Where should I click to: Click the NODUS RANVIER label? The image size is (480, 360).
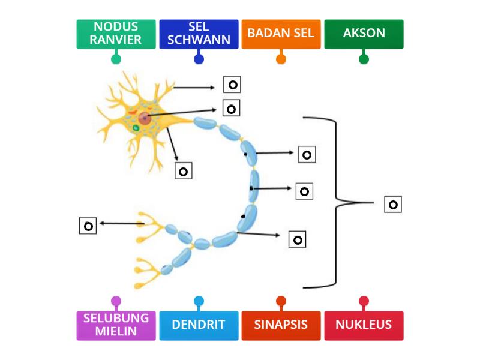pos(116,34)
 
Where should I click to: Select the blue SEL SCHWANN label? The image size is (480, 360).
pos(199,34)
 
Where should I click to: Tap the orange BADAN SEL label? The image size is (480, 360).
pos(281,34)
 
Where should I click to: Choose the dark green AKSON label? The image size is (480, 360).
pos(364,34)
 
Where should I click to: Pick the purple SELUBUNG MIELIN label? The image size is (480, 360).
pos(116,325)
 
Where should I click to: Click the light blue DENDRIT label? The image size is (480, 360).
pos(199,325)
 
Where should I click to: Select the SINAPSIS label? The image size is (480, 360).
pos(281,325)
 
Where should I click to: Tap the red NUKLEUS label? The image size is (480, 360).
pos(364,325)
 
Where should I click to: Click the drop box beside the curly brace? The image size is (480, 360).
pos(393,205)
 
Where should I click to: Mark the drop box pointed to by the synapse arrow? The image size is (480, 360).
pos(88,226)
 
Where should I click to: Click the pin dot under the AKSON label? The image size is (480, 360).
pos(364,59)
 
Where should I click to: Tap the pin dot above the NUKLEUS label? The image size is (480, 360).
pos(364,301)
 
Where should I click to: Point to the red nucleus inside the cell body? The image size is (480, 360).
pos(144,116)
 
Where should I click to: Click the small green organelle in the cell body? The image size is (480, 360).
pos(136,127)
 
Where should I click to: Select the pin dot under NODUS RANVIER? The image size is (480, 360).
pos(116,59)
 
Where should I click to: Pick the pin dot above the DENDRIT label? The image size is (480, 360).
pos(199,301)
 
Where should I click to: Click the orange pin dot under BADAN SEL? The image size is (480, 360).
pos(281,59)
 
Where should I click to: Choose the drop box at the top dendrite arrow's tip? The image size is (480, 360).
pos(232,85)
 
